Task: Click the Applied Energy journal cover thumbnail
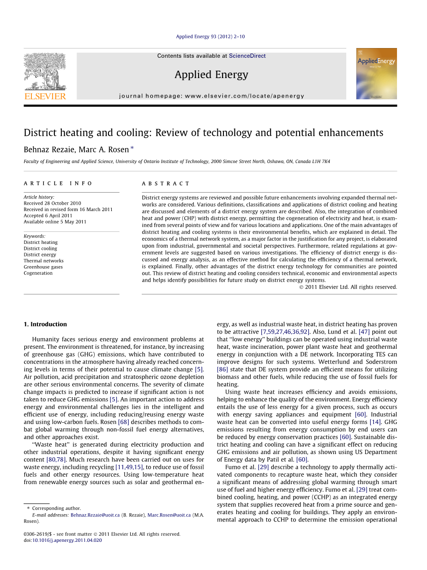376,73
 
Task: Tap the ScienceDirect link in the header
247,56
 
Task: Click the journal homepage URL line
211,96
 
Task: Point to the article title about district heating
203,133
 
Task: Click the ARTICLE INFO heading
58,183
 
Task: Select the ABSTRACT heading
166,183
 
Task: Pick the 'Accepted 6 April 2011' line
48,215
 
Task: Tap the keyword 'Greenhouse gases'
43,267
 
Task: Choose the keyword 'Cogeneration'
38,273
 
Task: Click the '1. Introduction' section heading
45,324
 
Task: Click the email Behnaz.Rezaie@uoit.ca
95,515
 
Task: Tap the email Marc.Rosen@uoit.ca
169,515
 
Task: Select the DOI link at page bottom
67,540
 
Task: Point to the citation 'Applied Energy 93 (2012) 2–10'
210,36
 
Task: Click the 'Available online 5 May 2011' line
55,222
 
